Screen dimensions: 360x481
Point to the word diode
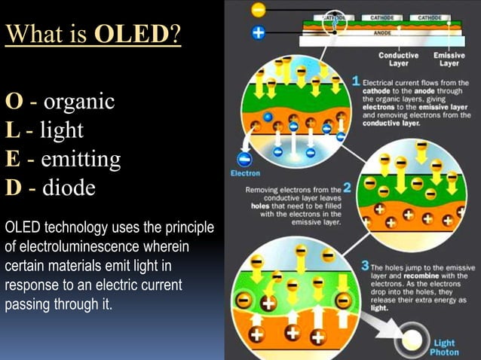click(69, 187)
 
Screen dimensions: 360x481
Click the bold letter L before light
click(12, 130)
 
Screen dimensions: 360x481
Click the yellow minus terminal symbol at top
click(259, 10)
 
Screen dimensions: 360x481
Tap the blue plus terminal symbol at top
click(259, 34)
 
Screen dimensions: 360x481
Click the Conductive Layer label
click(399, 59)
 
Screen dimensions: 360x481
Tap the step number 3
click(364, 266)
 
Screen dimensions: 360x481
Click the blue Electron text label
click(245, 174)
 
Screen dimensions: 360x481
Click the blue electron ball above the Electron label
click(245, 158)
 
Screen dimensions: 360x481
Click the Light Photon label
click(444, 347)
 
